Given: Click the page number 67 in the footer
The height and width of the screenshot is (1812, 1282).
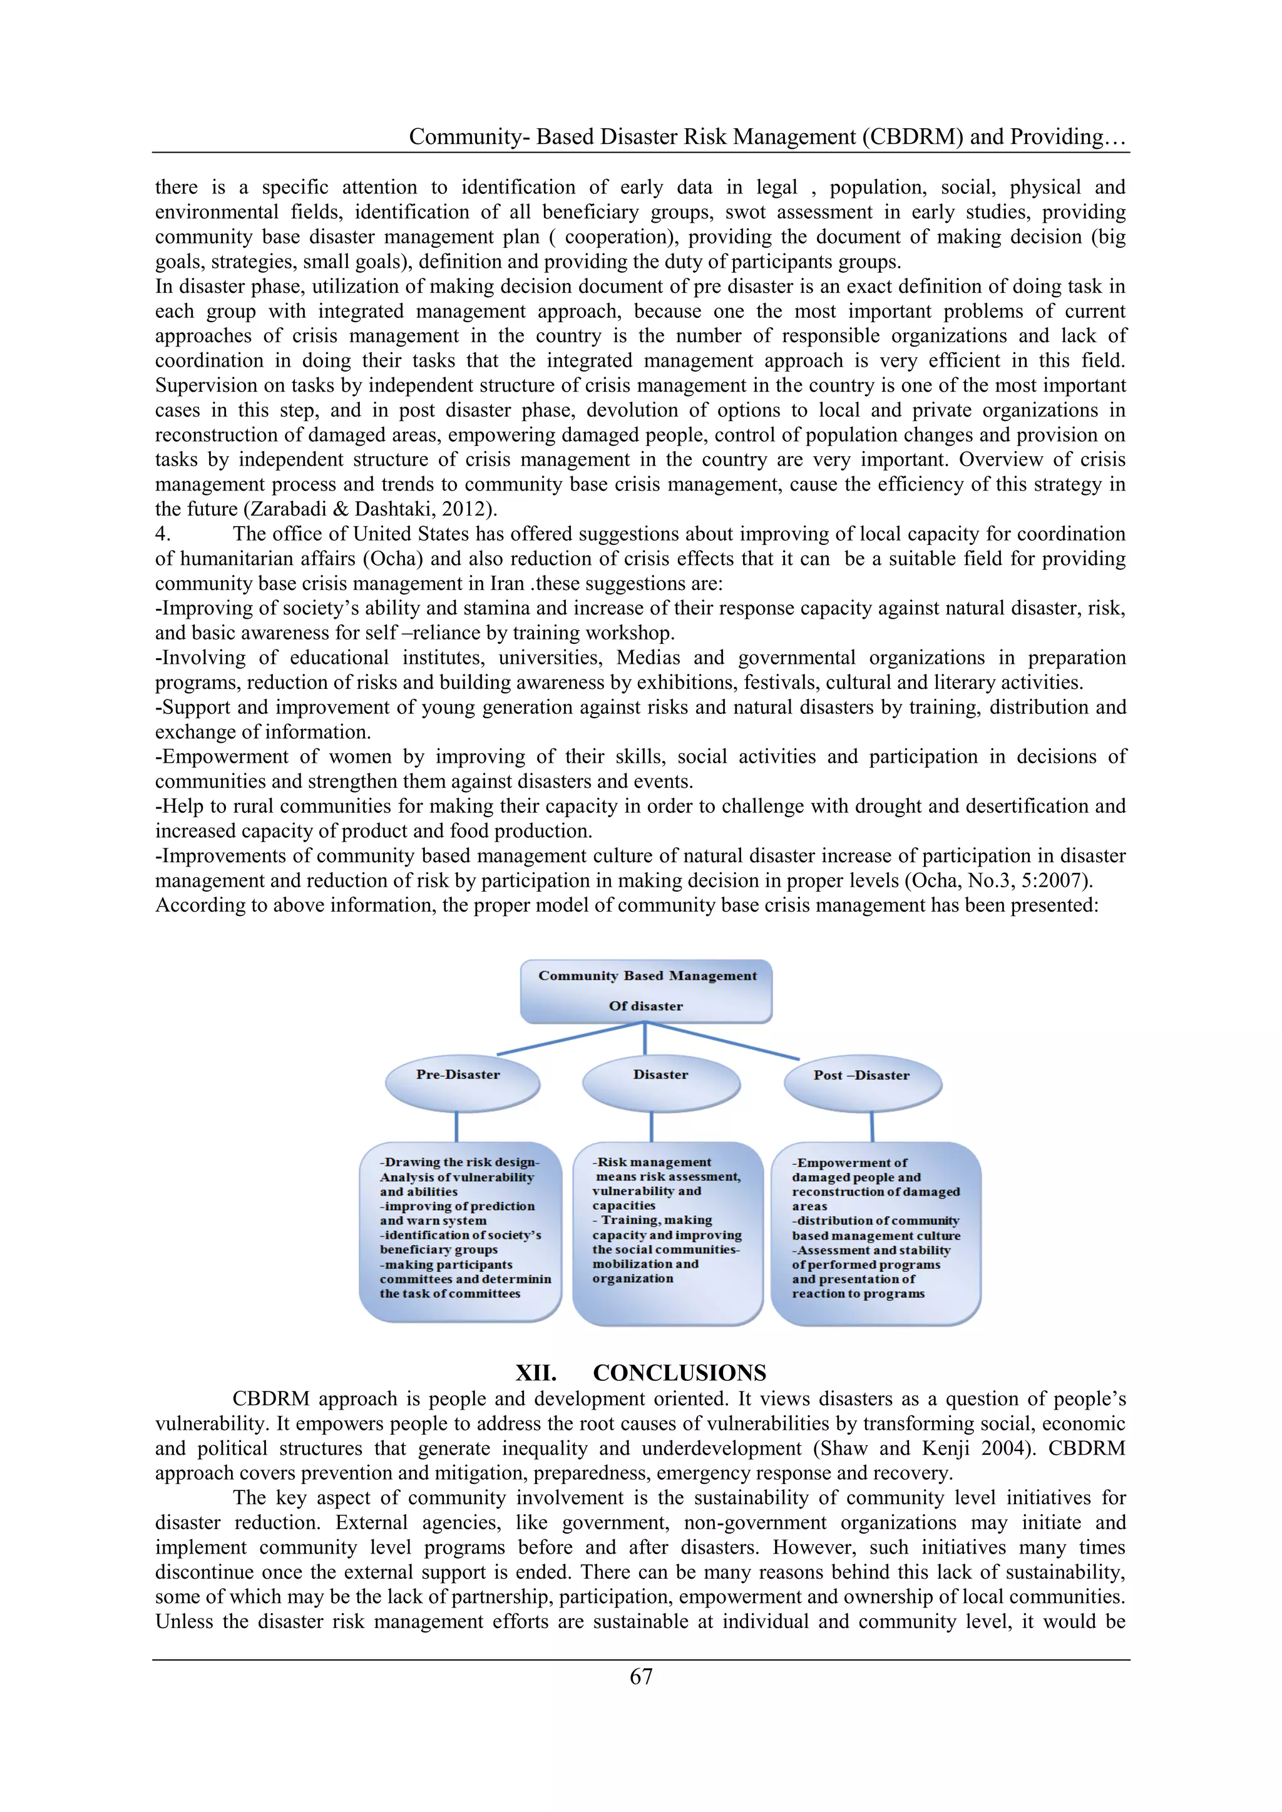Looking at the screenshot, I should [641, 1676].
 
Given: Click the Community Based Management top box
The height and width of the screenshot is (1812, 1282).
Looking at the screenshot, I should [647, 991].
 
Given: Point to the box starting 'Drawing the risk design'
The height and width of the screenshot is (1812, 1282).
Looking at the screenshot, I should [460, 1231].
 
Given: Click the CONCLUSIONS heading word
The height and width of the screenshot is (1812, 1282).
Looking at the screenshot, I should [679, 1372].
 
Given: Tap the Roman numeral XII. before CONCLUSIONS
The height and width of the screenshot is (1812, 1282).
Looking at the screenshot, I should [536, 1372].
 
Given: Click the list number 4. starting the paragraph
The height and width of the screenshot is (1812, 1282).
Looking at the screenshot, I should [163, 534].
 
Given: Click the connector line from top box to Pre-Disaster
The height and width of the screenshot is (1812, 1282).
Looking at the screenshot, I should [570, 1038].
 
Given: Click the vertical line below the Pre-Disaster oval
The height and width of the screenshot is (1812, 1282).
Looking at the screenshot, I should [457, 1126].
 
